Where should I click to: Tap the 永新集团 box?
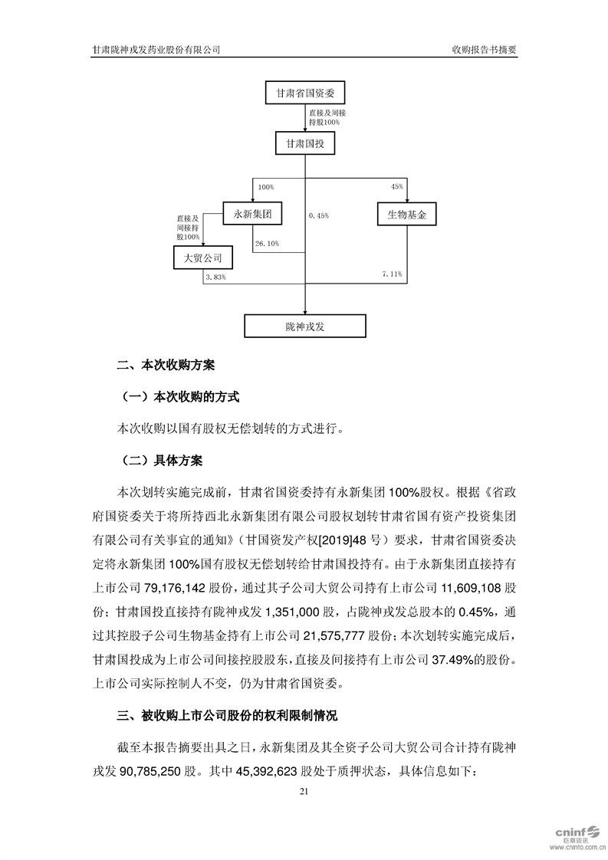click(252, 214)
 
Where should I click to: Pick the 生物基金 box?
click(406, 214)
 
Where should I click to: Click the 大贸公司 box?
click(202, 258)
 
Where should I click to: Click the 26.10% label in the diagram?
click(265, 244)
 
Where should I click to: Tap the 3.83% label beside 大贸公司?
click(215, 277)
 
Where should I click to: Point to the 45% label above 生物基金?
click(397, 187)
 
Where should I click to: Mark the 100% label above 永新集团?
click(265, 187)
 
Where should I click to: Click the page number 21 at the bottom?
click(304, 790)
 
